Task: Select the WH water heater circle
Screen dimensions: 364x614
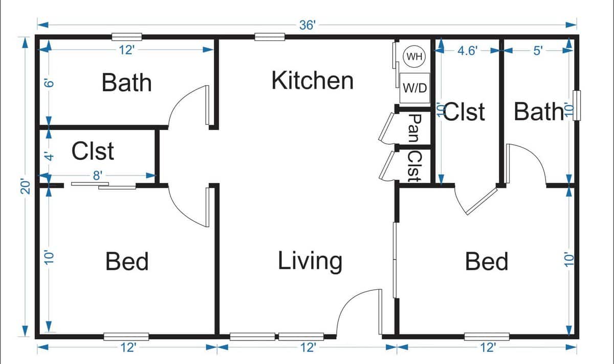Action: (414, 56)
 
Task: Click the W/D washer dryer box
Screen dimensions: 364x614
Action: (414, 88)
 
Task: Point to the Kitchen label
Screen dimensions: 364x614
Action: (312, 81)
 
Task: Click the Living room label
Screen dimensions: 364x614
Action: (310, 261)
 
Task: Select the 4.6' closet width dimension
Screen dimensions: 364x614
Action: (467, 51)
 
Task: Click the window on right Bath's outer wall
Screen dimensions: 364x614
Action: (577, 105)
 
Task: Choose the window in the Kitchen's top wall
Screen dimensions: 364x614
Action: (270, 37)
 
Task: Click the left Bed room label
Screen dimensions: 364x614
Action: (127, 262)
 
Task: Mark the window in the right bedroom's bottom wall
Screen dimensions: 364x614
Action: (487, 336)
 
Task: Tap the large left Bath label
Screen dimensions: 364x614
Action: (127, 82)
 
